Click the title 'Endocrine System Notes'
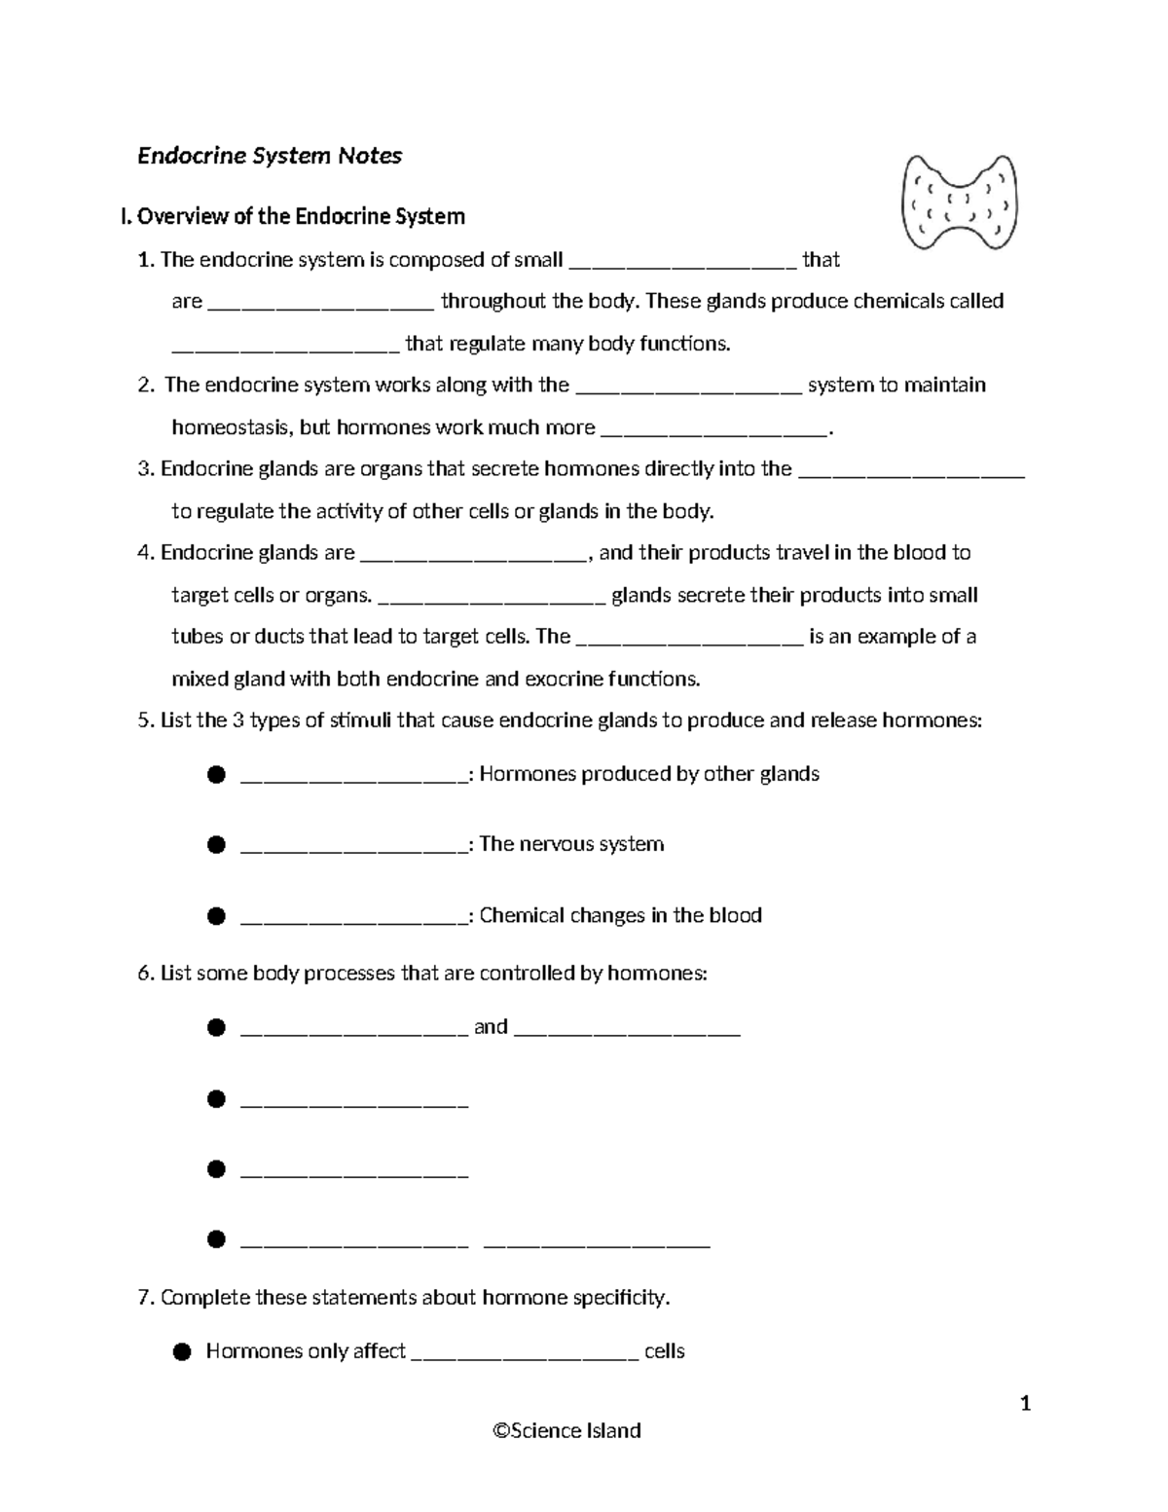(270, 156)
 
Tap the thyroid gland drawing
(960, 202)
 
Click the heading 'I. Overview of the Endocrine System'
(292, 216)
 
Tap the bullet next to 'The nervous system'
(216, 845)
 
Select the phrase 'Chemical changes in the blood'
(620, 915)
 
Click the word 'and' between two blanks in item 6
(491, 1027)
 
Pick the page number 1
(1025, 1403)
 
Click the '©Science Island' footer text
(566, 1430)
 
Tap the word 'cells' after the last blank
(665, 1351)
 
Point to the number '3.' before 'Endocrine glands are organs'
(146, 469)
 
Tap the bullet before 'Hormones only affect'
(181, 1352)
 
